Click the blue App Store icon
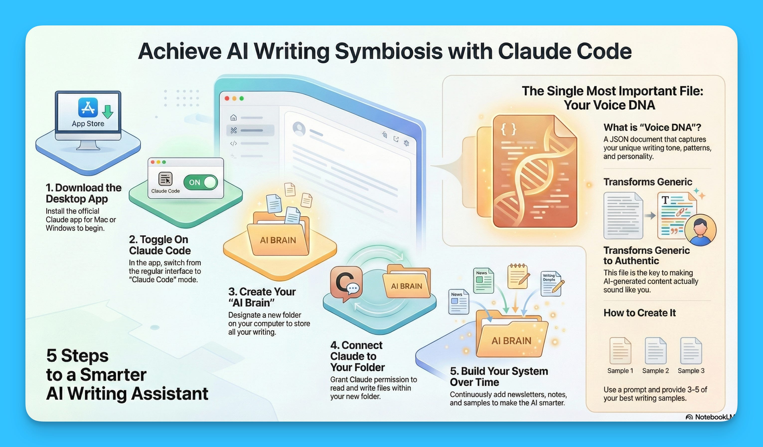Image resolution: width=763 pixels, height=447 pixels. pyautogui.click(x=88, y=107)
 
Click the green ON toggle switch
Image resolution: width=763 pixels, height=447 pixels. pyautogui.click(x=200, y=182)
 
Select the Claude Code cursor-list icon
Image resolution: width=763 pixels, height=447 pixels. pyautogui.click(x=165, y=179)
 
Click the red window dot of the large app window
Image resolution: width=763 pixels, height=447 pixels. pyautogui.click(x=227, y=98)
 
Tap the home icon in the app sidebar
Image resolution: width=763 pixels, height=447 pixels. pyautogui.click(x=233, y=118)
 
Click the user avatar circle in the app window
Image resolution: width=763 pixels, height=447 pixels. pyautogui.click(x=299, y=129)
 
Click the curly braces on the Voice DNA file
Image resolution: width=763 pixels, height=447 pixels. pyautogui.click(x=508, y=130)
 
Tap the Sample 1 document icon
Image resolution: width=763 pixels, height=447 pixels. pyautogui.click(x=620, y=351)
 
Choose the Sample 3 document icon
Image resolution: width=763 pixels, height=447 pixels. pyautogui.click(x=691, y=351)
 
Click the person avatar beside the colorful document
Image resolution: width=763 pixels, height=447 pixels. pyautogui.click(x=700, y=229)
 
